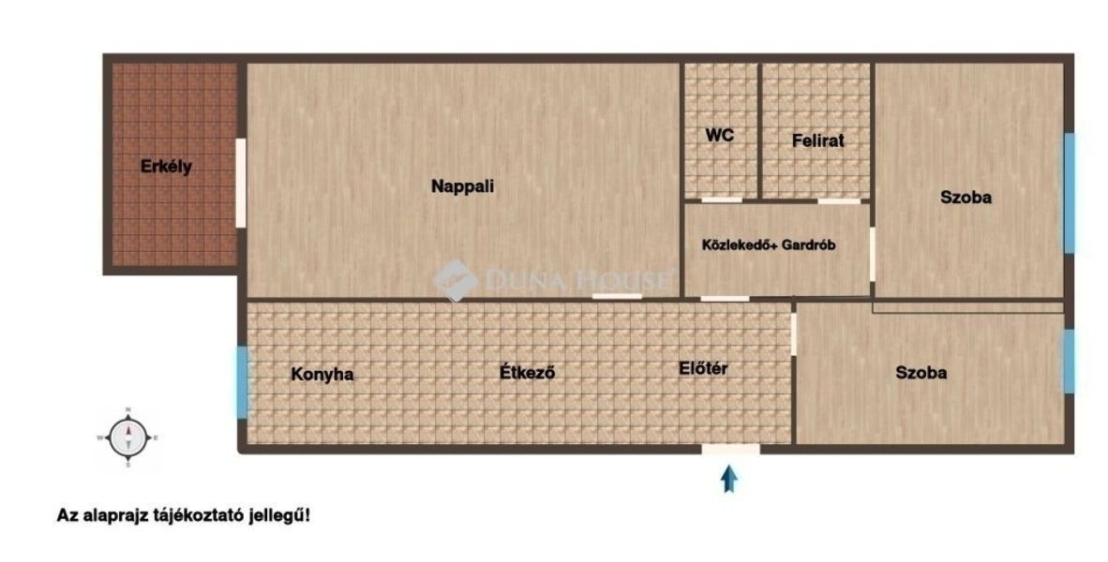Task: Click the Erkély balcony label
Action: [x=166, y=168]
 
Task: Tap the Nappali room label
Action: [x=463, y=186]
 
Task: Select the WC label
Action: [x=719, y=135]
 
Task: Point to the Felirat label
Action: [x=818, y=140]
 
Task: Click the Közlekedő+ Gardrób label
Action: [x=769, y=245]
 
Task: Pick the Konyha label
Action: [x=322, y=374]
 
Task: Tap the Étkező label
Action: [x=527, y=372]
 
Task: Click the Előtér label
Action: [x=703, y=368]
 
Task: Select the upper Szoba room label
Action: [x=966, y=198]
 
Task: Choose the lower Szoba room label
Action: [x=921, y=372]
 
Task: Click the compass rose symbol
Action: [x=127, y=437]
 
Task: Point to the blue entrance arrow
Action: [x=729, y=481]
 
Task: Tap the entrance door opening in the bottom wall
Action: [x=730, y=449]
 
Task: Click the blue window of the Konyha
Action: [x=243, y=380]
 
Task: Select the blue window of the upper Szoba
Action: [x=1070, y=193]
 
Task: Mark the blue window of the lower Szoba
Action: [x=1070, y=362]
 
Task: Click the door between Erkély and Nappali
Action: [x=241, y=183]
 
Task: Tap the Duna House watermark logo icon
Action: [x=455, y=280]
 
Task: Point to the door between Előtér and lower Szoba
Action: [x=794, y=334]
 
